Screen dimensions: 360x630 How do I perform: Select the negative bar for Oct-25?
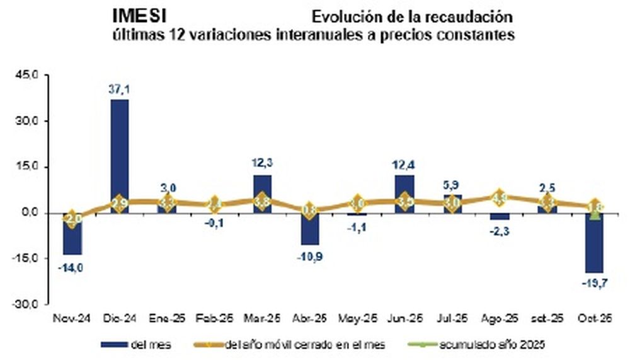tap(594, 246)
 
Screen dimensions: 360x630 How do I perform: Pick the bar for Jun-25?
tap(404, 189)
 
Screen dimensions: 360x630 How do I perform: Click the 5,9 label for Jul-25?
tap(451, 185)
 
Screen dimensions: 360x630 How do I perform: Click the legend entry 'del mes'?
tap(135, 344)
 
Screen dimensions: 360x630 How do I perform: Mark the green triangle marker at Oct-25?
tap(594, 214)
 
